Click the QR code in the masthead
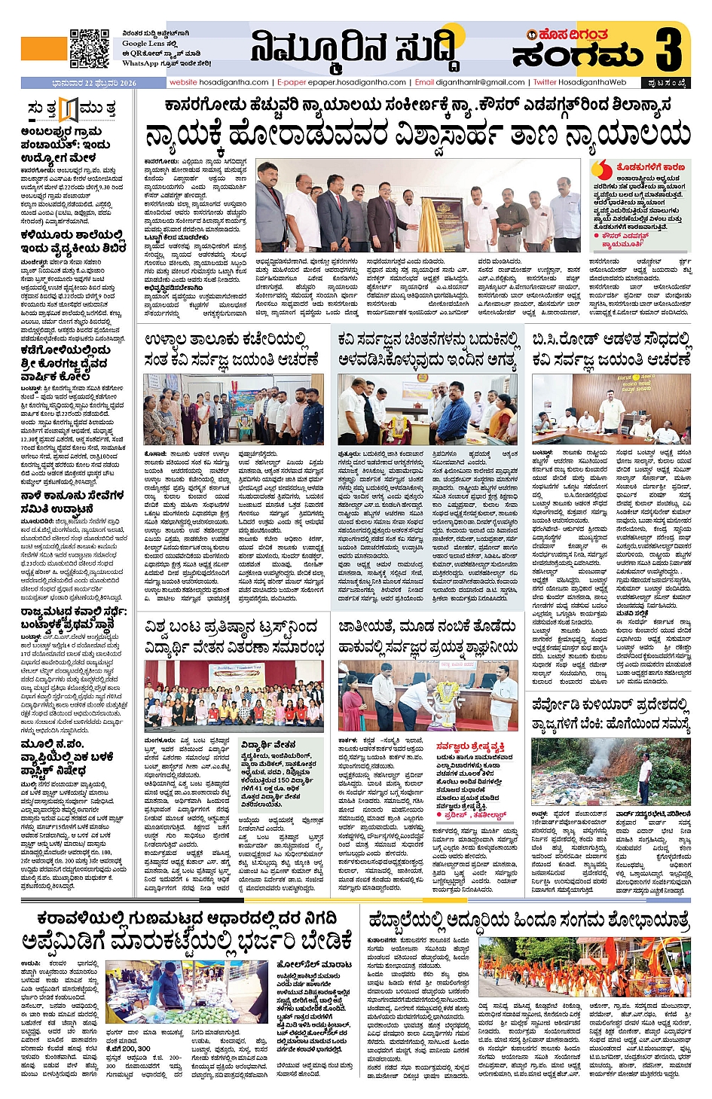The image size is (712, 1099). tap(90, 48)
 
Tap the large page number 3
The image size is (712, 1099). tap(668, 50)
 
